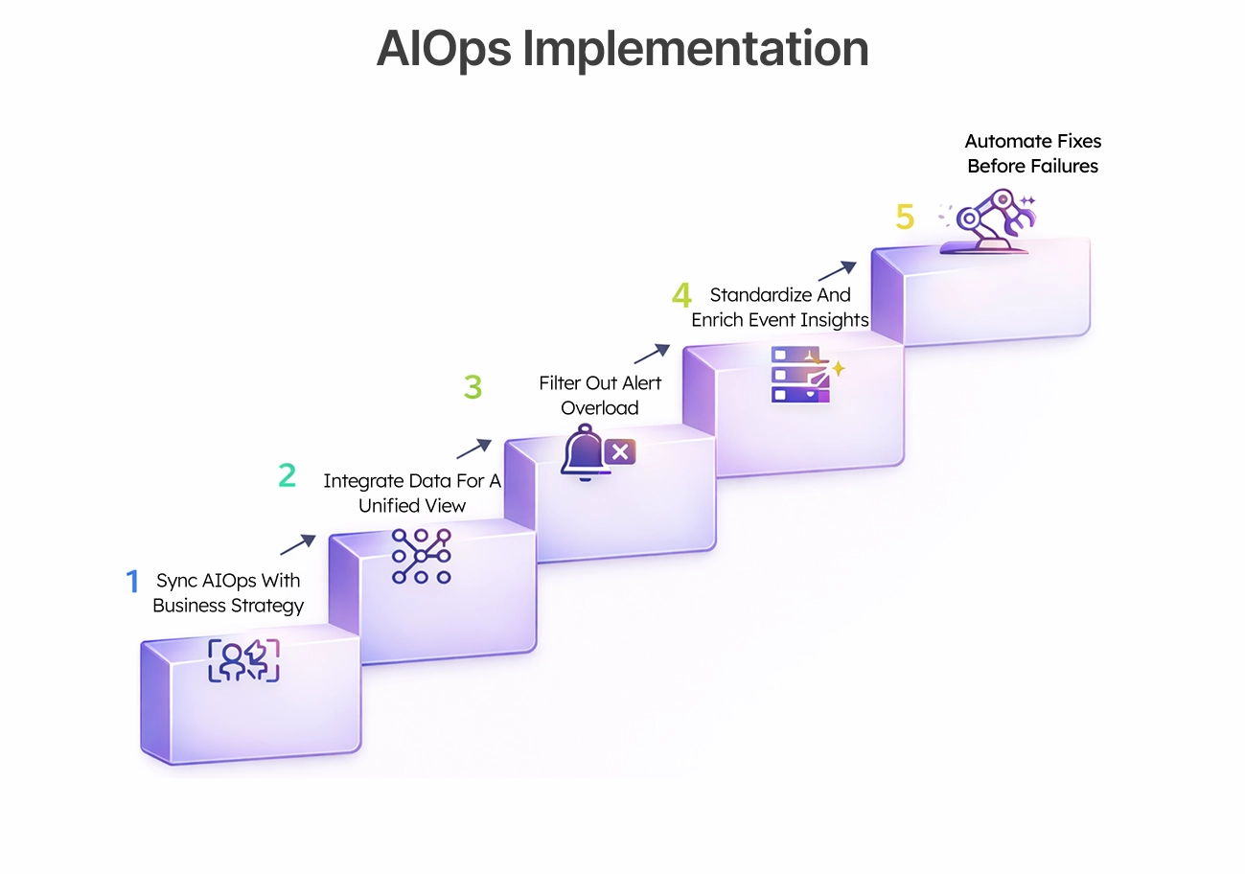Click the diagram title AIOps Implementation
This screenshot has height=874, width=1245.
tap(622, 49)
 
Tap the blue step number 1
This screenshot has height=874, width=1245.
tap(132, 581)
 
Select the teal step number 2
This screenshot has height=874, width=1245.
tap(287, 475)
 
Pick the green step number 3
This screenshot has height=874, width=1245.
tap(473, 387)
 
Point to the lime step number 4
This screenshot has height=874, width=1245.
tap(681, 295)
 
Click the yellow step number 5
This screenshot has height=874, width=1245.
tap(905, 217)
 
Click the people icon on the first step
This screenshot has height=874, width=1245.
tap(243, 660)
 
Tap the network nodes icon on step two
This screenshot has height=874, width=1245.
tap(421, 556)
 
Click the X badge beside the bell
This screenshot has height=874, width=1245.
tap(620, 451)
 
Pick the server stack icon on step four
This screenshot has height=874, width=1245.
tap(797, 374)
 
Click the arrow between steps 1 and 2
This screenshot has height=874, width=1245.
tap(297, 545)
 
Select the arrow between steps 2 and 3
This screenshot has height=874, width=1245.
tap(473, 448)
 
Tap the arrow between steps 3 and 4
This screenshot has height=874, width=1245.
tap(650, 356)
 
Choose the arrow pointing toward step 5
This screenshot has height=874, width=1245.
tap(836, 270)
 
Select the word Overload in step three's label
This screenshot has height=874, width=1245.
tap(600, 408)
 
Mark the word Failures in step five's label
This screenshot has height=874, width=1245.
tap(1065, 166)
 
